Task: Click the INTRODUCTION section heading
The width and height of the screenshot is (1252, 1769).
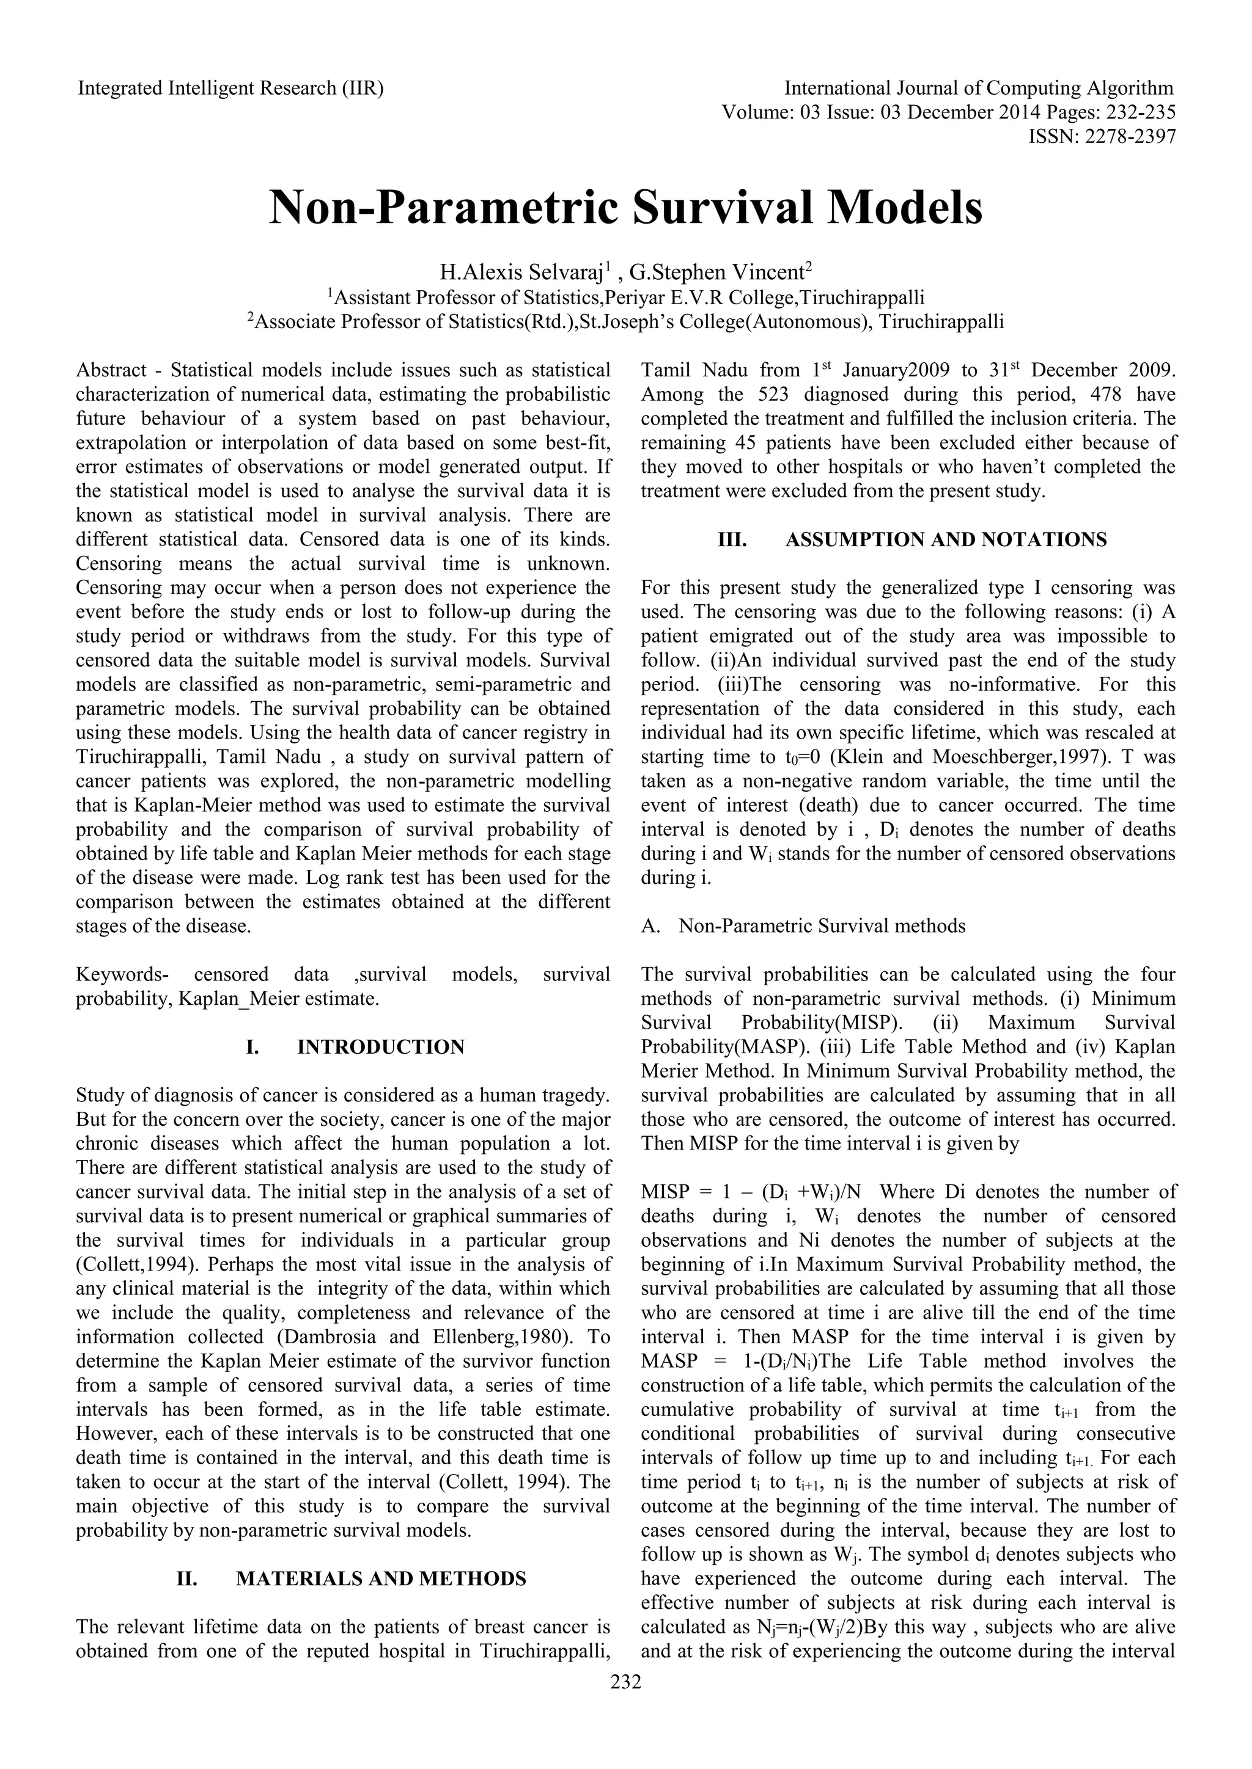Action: coord(381,1047)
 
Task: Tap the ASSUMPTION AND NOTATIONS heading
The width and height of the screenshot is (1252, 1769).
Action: coord(945,539)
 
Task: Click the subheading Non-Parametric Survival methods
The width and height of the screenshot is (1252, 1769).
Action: coord(822,926)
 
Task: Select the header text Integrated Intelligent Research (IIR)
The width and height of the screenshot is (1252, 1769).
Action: coord(230,89)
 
